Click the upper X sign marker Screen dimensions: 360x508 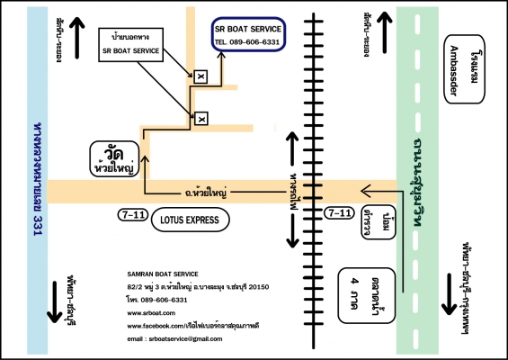(201, 76)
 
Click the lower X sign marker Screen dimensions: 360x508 (201, 118)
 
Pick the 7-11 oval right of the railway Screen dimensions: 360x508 (339, 213)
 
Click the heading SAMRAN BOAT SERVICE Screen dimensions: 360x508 (166, 274)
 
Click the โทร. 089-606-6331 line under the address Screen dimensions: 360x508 (156, 299)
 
